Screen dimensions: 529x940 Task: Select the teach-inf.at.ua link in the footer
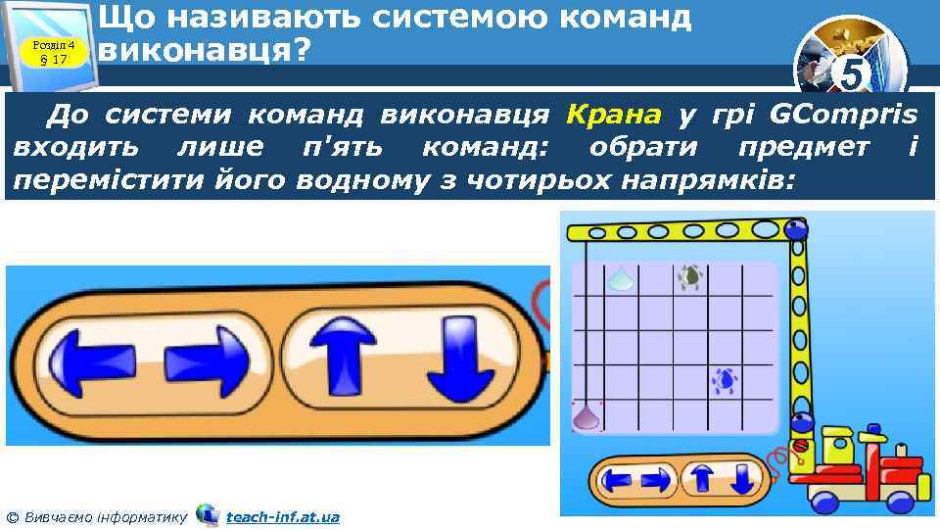[x=283, y=516]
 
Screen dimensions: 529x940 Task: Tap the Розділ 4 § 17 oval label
[x=54, y=51]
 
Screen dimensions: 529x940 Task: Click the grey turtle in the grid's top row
[x=690, y=277]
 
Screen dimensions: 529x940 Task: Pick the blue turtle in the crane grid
[x=726, y=379]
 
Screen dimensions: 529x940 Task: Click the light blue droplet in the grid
[x=618, y=280]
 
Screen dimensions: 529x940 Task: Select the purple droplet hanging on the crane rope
[x=587, y=416]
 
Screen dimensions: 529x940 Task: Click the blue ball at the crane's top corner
[x=797, y=231]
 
